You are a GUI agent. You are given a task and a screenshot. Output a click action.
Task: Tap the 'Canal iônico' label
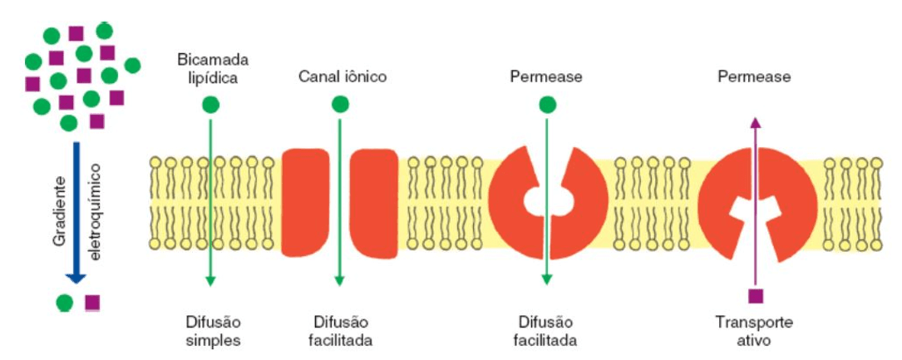[x=343, y=76]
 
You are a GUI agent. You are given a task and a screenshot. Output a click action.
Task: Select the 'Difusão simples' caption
[x=214, y=331]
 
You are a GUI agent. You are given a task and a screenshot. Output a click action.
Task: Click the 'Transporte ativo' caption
[x=754, y=331]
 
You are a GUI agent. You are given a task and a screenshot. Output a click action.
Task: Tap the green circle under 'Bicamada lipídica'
[x=211, y=105]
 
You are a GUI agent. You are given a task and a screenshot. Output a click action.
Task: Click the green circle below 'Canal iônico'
[x=340, y=105]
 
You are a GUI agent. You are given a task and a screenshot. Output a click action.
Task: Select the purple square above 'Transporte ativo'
[x=755, y=296]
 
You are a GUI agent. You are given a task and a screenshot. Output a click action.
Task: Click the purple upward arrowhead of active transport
[x=755, y=121]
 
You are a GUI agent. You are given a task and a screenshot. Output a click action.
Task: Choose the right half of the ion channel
[x=373, y=203]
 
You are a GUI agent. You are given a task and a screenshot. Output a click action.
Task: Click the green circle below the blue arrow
[x=63, y=302]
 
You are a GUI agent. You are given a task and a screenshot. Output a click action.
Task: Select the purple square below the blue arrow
[x=92, y=302]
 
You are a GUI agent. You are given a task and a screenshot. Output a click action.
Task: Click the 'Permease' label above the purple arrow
[x=754, y=76]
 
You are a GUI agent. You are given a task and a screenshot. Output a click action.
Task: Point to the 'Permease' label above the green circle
[x=546, y=76]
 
